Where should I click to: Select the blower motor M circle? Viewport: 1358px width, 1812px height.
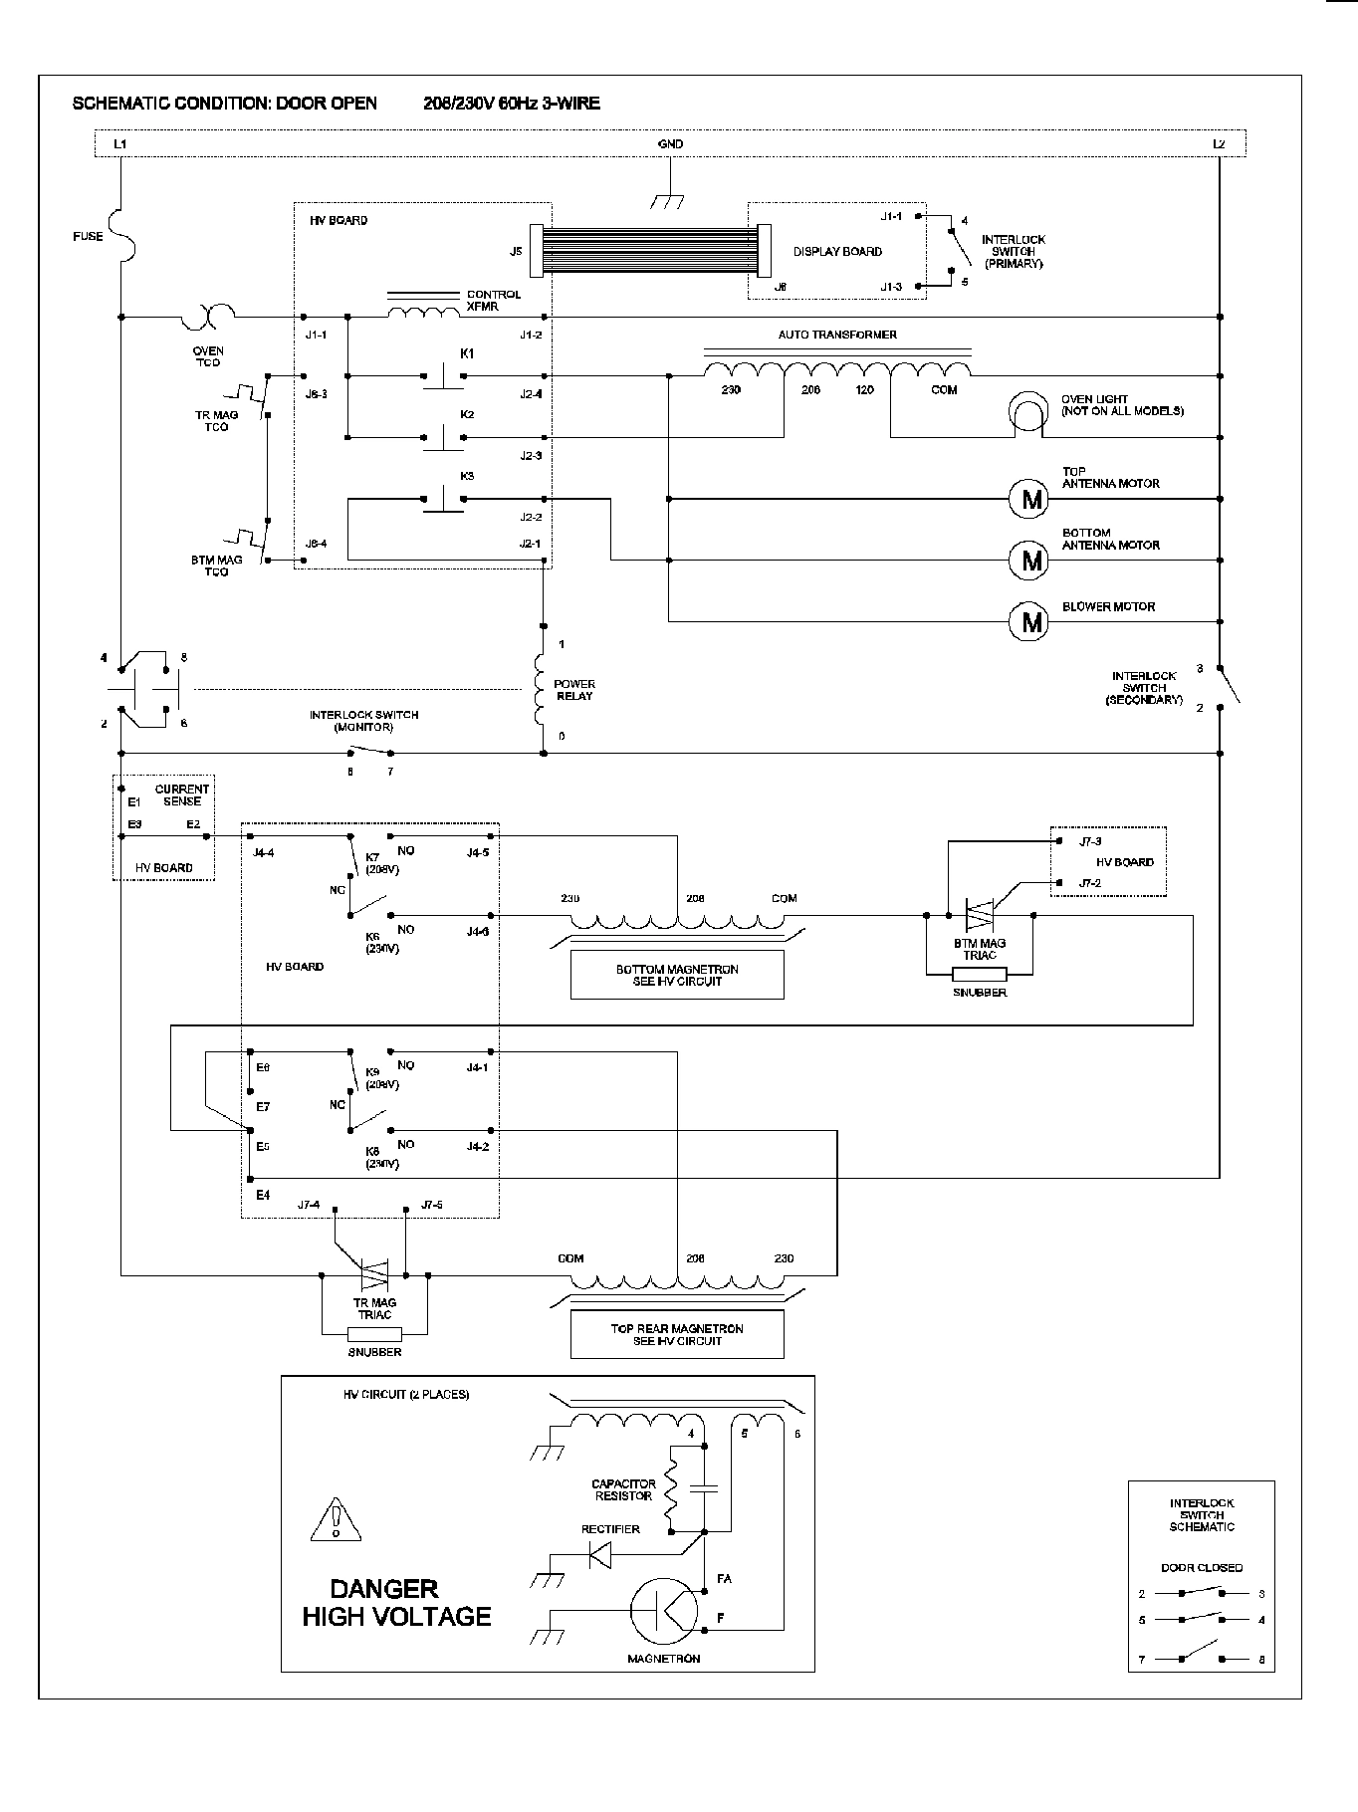pyautogui.click(x=1030, y=622)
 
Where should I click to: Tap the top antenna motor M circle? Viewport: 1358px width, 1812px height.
pyautogui.click(x=1030, y=498)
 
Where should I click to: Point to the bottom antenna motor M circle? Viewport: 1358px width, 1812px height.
pyautogui.click(x=1030, y=561)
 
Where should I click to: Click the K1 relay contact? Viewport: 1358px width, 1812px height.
pyautogui.click(x=443, y=375)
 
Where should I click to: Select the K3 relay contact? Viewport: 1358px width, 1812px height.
pyautogui.click(x=443, y=499)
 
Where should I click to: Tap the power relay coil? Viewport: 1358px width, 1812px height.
pyautogui.click(x=542, y=689)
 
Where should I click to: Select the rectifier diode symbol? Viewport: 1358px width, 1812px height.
pyautogui.click(x=600, y=1554)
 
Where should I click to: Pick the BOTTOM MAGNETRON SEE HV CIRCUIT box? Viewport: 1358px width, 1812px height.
pyautogui.click(x=677, y=975)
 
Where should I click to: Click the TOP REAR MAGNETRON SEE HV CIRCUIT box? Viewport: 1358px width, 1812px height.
pyautogui.click(x=677, y=1334)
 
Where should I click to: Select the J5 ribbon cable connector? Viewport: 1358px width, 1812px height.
pyautogui.click(x=539, y=251)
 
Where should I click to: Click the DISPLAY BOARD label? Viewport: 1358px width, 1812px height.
pyautogui.click(x=836, y=252)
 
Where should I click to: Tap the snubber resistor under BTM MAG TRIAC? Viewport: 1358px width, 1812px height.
pyautogui.click(x=979, y=973)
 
